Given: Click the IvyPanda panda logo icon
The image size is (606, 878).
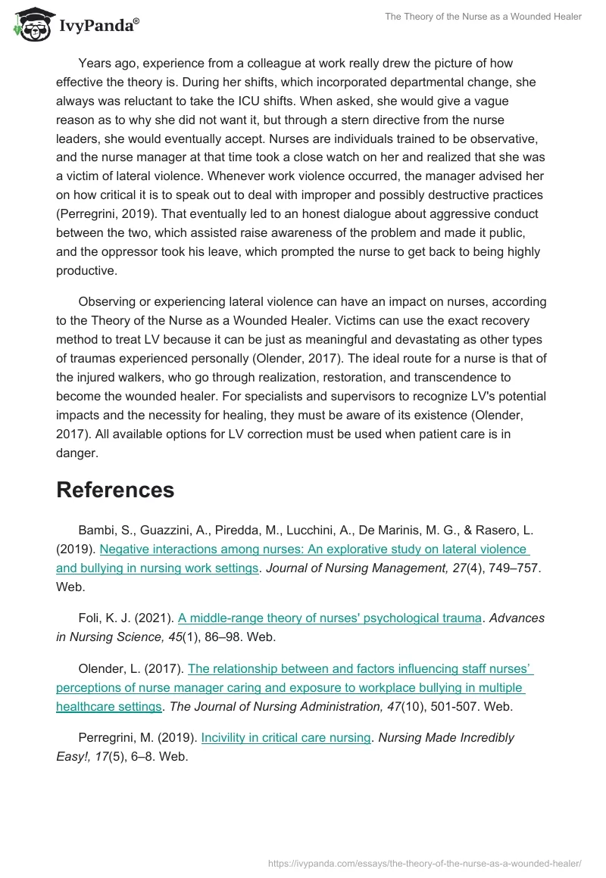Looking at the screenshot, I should pos(30,25).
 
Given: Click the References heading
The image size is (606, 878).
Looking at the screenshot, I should pos(115,490).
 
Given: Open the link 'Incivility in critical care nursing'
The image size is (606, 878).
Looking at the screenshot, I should pos(286,737).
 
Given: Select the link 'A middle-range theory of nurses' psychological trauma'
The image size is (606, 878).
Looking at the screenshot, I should pos(330,618).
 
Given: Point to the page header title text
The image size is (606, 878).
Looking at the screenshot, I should pos(483,17).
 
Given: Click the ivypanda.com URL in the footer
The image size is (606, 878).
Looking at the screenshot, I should pos(425,862).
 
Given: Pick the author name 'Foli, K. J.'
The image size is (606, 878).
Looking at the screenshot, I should pos(112,618).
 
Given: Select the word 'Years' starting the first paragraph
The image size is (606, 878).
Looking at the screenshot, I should pos(95,63).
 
